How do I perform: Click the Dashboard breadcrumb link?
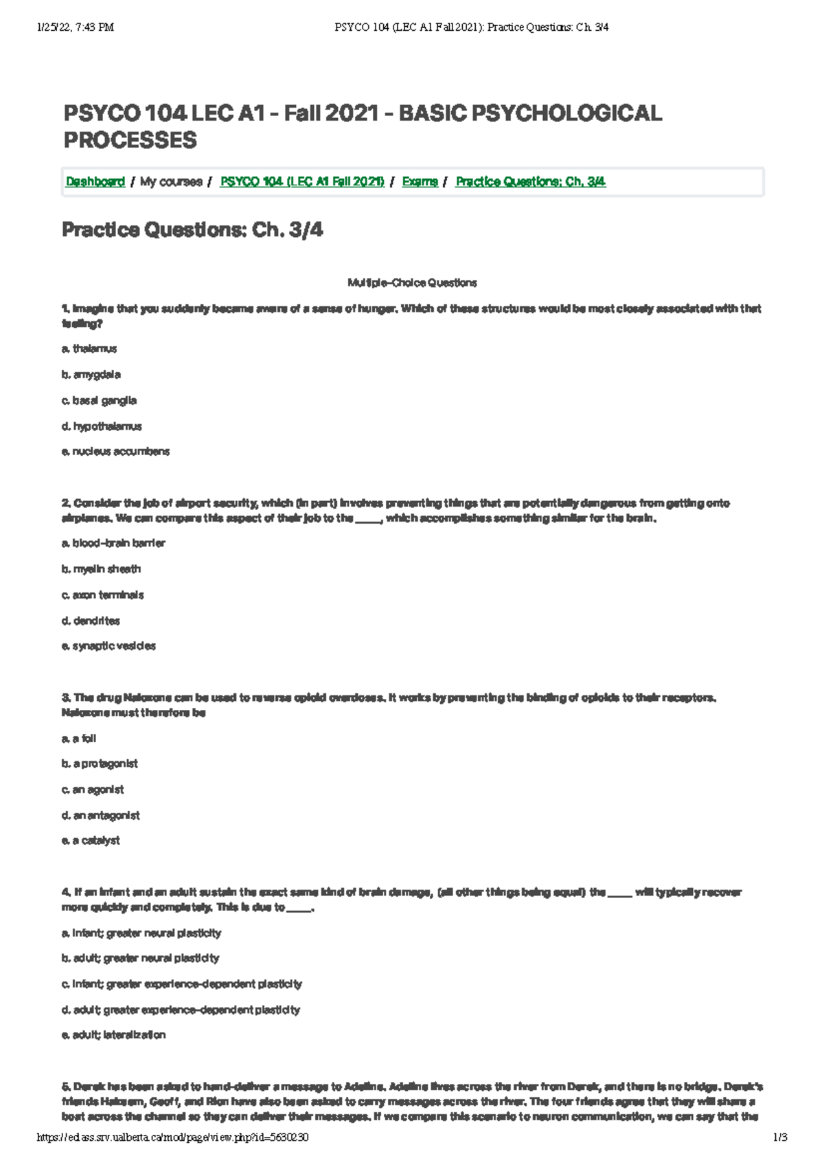tap(95, 182)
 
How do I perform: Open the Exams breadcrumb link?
tap(420, 182)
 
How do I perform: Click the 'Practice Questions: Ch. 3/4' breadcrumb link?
tap(530, 182)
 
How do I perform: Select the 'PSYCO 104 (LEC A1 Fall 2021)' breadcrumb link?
tap(301, 182)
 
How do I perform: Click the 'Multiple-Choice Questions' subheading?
tap(412, 283)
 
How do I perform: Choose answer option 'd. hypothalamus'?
tap(102, 426)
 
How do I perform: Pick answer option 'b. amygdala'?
tap(91, 375)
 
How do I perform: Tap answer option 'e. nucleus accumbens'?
tap(115, 452)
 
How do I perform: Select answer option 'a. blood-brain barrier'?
tap(113, 543)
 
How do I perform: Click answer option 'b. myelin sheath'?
tap(101, 569)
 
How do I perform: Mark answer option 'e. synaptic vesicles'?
tap(108, 646)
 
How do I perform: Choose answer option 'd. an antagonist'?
tap(100, 816)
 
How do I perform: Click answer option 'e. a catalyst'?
tap(91, 841)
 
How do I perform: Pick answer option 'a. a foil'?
tap(79, 739)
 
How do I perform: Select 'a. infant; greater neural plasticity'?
tap(141, 933)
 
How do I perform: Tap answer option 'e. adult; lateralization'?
tap(113, 1035)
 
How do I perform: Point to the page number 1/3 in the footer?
tap(779, 1138)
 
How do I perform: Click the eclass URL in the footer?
tap(172, 1138)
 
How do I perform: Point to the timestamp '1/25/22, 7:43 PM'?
tap(76, 27)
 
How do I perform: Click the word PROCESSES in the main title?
tap(130, 141)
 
